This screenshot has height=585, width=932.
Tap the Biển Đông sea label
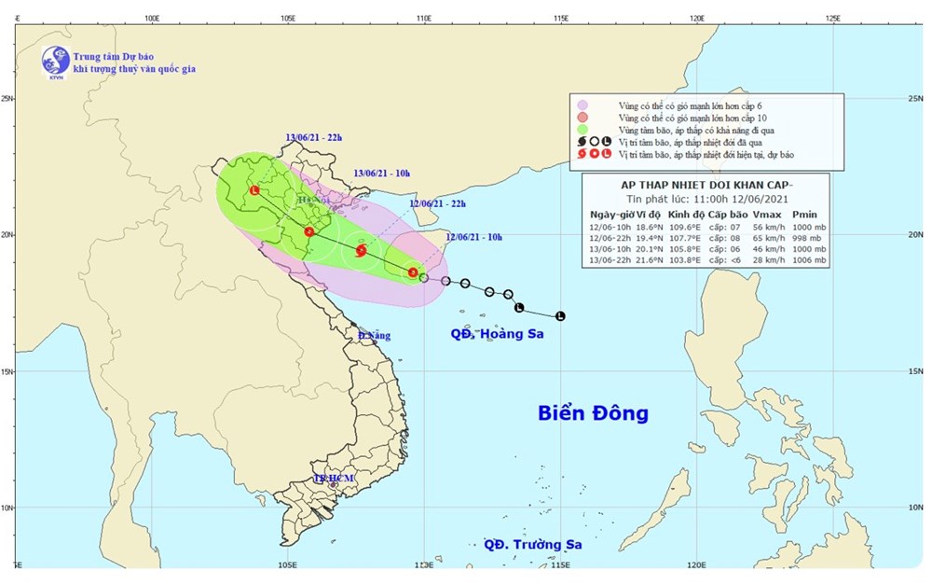593,413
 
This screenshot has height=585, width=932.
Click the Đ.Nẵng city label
374,335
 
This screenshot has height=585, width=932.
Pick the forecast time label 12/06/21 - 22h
438,204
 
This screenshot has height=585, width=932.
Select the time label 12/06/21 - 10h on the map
473,238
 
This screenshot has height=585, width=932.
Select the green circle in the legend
582,132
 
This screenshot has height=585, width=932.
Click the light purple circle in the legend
582,105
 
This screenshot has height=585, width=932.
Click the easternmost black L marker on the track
559,316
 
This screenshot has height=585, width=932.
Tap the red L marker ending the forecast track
254,190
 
